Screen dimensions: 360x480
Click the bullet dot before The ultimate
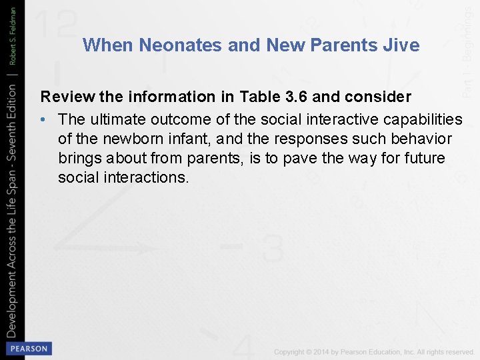[44, 119]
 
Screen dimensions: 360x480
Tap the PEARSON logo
[27, 348]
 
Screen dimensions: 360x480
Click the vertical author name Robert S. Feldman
[12, 39]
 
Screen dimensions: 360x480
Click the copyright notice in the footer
[374, 351]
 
